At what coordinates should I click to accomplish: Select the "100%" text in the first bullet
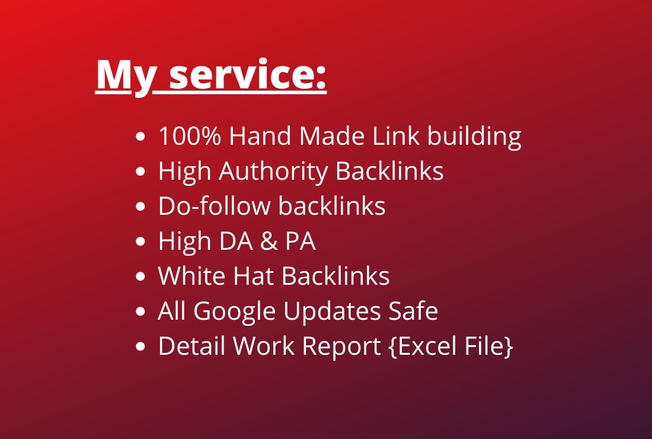click(190, 136)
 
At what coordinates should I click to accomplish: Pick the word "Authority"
click(273, 172)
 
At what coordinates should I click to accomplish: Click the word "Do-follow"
click(215, 206)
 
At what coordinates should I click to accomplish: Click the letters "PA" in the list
click(299, 241)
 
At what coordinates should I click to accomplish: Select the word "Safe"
click(416, 311)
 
